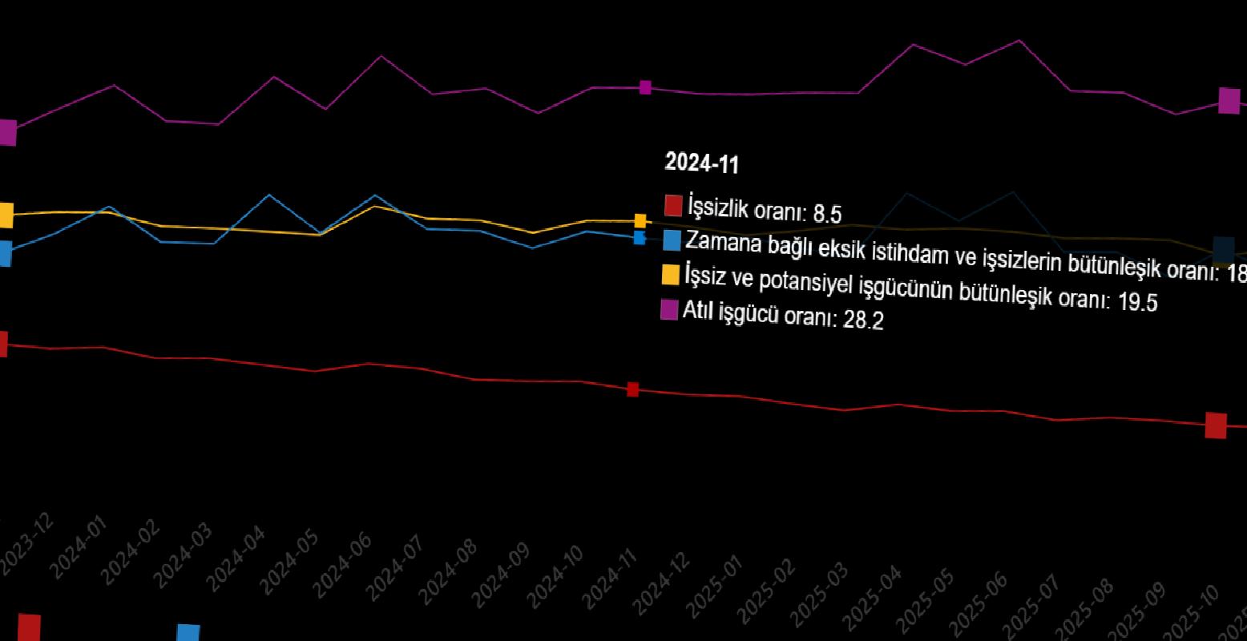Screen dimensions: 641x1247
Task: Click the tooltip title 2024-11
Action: [x=701, y=163]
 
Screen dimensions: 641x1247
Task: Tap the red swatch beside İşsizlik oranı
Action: [x=673, y=204]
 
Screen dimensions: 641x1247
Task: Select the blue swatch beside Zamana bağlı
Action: [x=672, y=240]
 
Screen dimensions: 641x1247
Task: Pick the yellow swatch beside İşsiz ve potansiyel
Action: [x=670, y=274]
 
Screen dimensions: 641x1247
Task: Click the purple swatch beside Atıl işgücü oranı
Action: [x=668, y=309]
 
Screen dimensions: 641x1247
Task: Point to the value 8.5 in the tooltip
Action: [x=827, y=214]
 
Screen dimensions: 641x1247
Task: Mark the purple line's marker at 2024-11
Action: [x=645, y=87]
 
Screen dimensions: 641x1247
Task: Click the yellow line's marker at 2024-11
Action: [x=640, y=220]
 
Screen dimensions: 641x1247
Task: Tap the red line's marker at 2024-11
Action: [x=632, y=389]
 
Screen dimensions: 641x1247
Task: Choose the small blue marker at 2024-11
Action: [x=639, y=237]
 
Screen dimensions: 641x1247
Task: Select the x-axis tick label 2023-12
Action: [x=27, y=543]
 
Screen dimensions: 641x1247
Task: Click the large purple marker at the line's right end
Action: [x=1229, y=101]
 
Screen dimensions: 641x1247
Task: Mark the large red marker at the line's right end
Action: [x=1216, y=425]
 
